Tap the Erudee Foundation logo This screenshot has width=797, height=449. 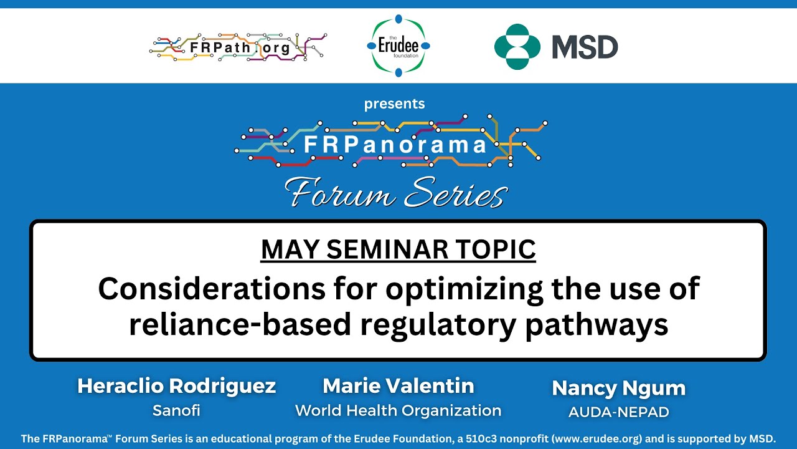(x=398, y=46)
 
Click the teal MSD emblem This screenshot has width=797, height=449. (x=517, y=47)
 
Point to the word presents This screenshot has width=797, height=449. (x=394, y=104)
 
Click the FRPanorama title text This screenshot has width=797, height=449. (x=395, y=145)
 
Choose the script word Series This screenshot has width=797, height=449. (x=455, y=193)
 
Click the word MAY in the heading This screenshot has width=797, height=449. (x=291, y=249)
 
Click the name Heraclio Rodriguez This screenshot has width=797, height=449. (x=176, y=387)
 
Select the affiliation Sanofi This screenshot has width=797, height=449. (x=176, y=410)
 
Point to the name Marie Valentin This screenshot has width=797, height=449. (x=398, y=387)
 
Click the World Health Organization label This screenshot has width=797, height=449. (x=398, y=410)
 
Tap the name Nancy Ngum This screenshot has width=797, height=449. (x=618, y=388)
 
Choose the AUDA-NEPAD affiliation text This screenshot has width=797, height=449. (x=618, y=412)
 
